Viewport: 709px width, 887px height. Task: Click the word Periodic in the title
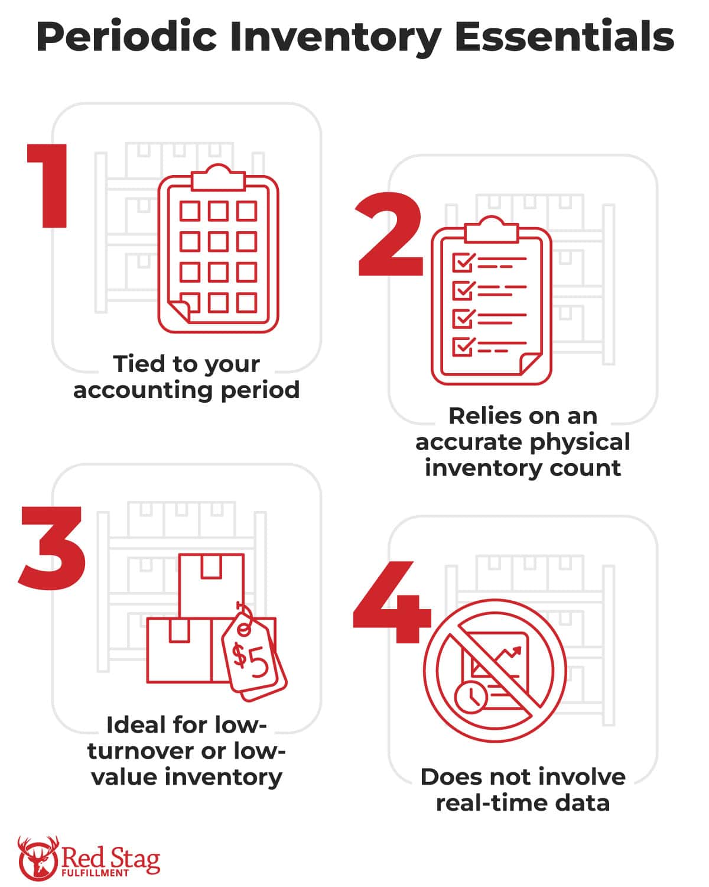[126, 37]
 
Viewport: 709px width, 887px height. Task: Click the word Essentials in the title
[564, 37]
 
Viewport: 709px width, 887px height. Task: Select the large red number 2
[390, 234]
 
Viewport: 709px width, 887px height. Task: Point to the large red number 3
[52, 548]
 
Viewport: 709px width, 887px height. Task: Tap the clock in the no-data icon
[470, 697]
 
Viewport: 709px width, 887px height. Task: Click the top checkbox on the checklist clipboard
[463, 262]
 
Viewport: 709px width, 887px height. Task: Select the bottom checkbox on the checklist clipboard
[463, 347]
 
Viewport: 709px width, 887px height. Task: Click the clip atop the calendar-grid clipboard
[219, 177]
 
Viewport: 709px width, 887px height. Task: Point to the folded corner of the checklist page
[530, 363]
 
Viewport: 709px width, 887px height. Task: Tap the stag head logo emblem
[38, 859]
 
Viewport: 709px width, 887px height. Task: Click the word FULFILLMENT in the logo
[95, 873]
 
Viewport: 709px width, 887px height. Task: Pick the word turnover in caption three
[141, 751]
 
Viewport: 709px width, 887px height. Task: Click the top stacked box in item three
[212, 586]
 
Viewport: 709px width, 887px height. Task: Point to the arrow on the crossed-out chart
[509, 655]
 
